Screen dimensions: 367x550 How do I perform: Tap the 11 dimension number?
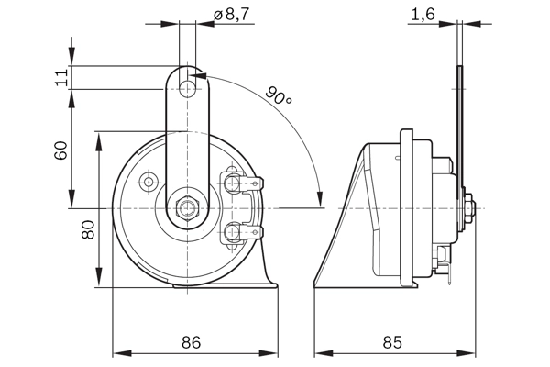(61, 77)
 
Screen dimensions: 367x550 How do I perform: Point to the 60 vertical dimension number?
(61, 150)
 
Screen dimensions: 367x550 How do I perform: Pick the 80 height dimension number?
(87, 229)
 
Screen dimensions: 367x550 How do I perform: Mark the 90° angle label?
(280, 94)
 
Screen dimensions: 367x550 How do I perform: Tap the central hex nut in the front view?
(189, 207)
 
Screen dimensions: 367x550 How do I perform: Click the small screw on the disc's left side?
(148, 183)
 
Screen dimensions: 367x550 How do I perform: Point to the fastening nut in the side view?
(468, 207)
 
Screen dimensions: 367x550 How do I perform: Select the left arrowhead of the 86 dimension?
(117, 352)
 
